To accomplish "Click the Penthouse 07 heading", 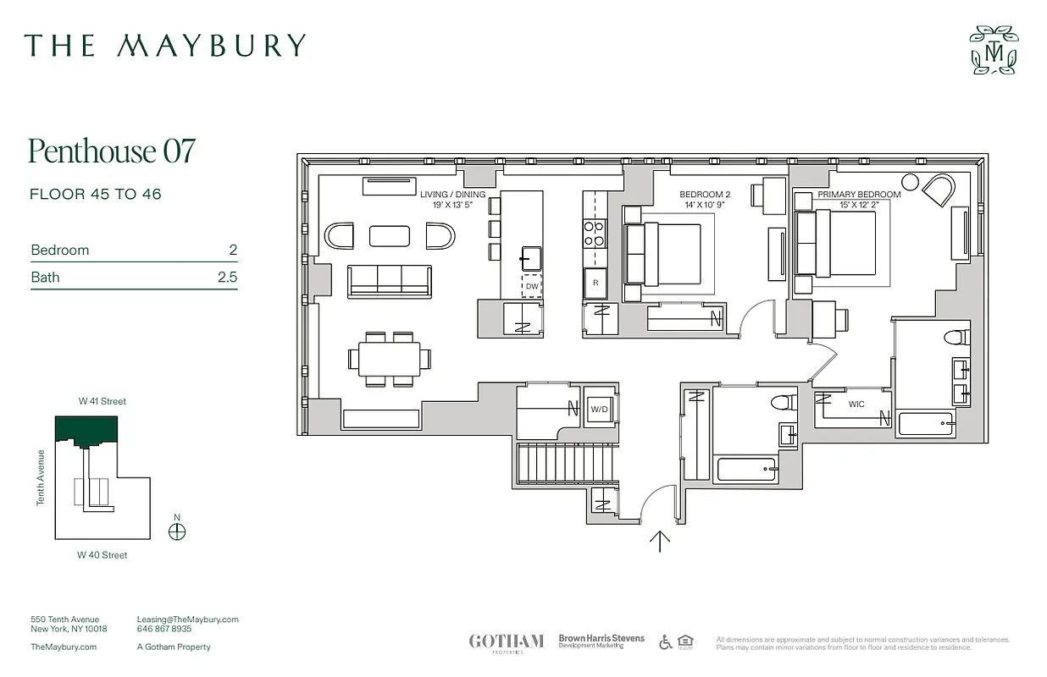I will point(112,151).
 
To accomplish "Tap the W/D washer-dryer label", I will point(599,410).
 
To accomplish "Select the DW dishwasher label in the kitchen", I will point(531,287).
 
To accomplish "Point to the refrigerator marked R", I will point(595,283).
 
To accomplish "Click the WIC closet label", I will point(856,405).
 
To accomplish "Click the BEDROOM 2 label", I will point(704,195).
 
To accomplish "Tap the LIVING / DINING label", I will point(453,195).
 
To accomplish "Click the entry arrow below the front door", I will point(660,541).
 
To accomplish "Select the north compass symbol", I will point(177,531).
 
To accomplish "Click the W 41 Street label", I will point(102,401).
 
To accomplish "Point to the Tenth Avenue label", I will point(40,477).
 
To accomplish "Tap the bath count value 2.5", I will point(227,277).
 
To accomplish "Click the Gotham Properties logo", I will point(506,641).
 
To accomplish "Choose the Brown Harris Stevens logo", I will point(601,641).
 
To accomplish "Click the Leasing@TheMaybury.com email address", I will point(187,619).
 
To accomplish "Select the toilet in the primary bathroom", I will point(955,337).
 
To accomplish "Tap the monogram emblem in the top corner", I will point(994,51).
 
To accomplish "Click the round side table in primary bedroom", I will point(910,181).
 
